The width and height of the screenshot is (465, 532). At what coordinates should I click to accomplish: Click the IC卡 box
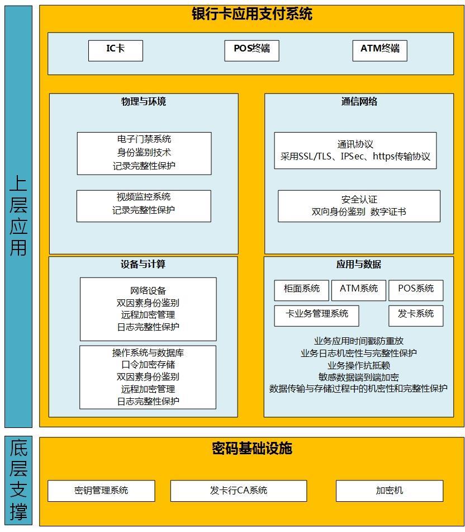coord(116,51)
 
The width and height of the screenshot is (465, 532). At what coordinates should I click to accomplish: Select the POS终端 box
coord(252,51)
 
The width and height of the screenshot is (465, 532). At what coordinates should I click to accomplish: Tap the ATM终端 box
coord(380,51)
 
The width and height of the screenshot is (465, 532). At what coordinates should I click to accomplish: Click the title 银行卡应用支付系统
coord(252,14)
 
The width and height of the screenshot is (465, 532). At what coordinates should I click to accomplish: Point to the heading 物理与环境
coord(144,101)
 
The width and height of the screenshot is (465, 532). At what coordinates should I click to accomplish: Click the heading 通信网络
coord(359,101)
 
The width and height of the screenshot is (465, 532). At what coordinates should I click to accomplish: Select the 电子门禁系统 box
coord(144,153)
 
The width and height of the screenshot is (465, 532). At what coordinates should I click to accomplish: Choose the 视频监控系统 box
coord(144,206)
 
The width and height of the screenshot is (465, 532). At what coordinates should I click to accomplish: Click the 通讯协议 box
coord(355,150)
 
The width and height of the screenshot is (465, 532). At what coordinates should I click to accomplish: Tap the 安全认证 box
coord(359,206)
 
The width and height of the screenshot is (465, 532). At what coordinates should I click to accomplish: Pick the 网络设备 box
coord(148,309)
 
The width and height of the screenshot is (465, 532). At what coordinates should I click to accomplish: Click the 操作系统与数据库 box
coord(148,377)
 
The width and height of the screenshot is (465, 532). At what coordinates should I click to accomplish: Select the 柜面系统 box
coord(302,290)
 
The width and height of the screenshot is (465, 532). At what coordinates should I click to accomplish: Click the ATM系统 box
coord(359,290)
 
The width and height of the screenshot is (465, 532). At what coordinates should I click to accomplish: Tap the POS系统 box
coord(416,290)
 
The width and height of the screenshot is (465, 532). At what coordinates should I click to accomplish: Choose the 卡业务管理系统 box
coord(316,316)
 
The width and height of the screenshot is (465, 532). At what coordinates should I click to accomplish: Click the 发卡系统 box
coord(416,316)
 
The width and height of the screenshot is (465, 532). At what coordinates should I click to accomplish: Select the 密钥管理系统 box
coord(101,491)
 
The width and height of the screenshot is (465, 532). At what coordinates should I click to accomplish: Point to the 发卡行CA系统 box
coord(239,491)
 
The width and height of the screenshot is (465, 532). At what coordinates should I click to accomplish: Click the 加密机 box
coord(390,491)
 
